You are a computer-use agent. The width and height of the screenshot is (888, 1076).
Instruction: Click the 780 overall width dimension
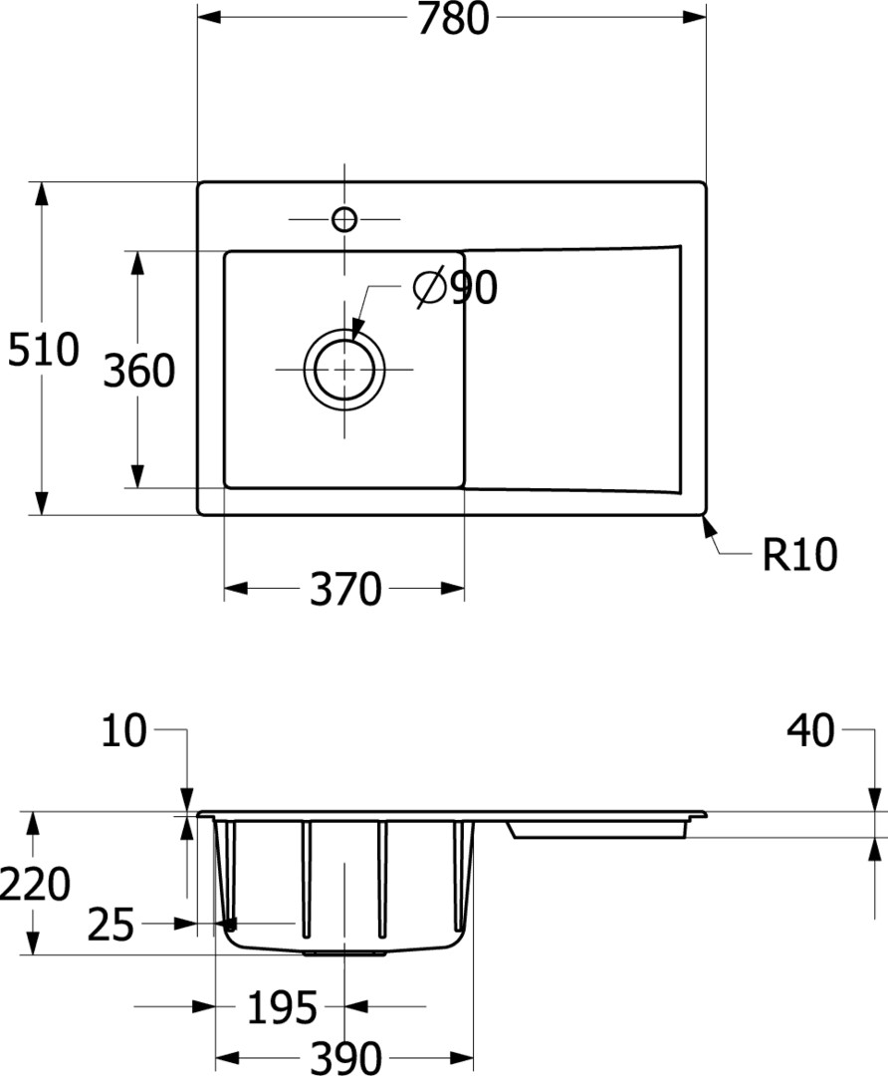coord(453,19)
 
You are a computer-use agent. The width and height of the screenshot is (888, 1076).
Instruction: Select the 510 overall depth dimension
coord(43,350)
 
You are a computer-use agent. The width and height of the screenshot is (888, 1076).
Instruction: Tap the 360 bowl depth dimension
coord(139,371)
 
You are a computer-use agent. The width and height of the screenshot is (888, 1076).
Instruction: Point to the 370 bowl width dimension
coord(344,589)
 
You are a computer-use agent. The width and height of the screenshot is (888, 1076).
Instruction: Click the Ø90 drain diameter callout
coord(455,288)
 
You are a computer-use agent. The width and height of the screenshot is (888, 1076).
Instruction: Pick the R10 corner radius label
coord(799,554)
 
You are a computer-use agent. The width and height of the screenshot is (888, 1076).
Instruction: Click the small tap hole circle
coord(344,219)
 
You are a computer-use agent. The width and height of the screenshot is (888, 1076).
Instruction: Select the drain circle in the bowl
coord(344,370)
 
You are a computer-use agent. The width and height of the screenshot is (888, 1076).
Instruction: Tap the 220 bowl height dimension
coord(34,883)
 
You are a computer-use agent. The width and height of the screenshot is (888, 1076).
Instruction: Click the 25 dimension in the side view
coord(111,925)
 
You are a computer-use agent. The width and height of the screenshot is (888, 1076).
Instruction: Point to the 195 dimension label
coord(282,1008)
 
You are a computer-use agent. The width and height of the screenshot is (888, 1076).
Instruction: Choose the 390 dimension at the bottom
coord(345,1057)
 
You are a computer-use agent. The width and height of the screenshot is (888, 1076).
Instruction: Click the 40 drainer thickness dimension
coord(810,730)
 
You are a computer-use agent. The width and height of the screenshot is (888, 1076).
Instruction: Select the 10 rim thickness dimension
coord(124,730)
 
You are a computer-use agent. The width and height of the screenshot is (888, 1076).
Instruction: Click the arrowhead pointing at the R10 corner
coord(709,526)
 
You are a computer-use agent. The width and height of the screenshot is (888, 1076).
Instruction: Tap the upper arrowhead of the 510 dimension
coord(43,193)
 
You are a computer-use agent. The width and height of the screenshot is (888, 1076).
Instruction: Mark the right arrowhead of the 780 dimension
coord(694,17)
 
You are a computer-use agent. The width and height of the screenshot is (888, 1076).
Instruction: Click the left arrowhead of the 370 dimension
coord(236,588)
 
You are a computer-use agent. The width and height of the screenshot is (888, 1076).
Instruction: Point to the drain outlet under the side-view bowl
coord(344,953)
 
